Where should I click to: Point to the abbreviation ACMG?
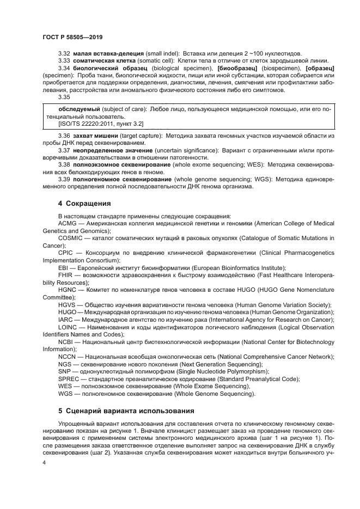click(68, 223)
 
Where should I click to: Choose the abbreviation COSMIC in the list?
click(70, 238)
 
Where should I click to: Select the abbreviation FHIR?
click(66, 275)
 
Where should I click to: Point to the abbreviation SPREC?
click(69, 379)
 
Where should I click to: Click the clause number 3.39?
click(64, 179)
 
